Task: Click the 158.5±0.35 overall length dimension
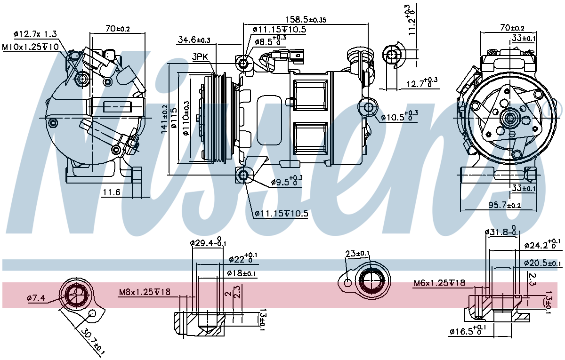click(x=306, y=19)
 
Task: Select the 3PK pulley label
click(x=200, y=57)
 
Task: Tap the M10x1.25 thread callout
click(x=30, y=47)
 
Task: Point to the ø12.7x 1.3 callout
click(x=35, y=34)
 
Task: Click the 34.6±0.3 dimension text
click(x=194, y=40)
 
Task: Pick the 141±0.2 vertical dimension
click(x=164, y=119)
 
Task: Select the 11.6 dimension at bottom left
click(x=112, y=192)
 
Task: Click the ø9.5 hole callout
click(x=287, y=181)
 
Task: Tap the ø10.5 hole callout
click(x=399, y=117)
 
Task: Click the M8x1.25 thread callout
click(x=145, y=292)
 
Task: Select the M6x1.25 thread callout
click(x=439, y=283)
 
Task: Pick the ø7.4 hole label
click(x=36, y=298)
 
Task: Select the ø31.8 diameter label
click(x=503, y=231)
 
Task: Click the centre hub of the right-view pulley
click(x=510, y=118)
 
